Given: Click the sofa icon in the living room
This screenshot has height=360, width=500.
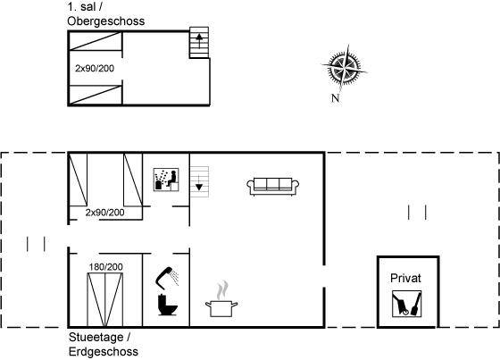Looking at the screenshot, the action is pos(273,186).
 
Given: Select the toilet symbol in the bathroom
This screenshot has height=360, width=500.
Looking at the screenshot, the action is pos(168,305).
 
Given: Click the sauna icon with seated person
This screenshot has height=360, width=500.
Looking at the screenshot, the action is pos(166,180).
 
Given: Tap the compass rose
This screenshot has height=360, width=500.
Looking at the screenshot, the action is pos(344,68).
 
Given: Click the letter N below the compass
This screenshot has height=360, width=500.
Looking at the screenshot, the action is pos(335,98).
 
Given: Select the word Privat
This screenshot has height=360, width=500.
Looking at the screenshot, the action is pos(405,278).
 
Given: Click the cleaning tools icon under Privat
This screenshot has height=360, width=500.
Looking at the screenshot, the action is pos(406,304).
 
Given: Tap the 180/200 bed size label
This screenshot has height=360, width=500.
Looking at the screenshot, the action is pos(106,267).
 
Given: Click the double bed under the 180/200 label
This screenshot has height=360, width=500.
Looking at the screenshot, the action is pos(105,299).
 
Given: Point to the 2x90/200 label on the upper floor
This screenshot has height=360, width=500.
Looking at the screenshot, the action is pos(95,68).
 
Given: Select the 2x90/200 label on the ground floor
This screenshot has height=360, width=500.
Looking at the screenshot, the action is pos(105,213).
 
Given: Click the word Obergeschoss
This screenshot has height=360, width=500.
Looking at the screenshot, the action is pos(106,21).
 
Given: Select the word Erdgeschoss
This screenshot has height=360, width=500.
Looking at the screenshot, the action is pos(104,352).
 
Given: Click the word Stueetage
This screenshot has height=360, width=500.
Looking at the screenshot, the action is pos(96,337).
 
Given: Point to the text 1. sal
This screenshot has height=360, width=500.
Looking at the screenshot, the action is pos(81,6).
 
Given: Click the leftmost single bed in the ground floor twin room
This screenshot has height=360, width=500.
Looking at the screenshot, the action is pos(79,180).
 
